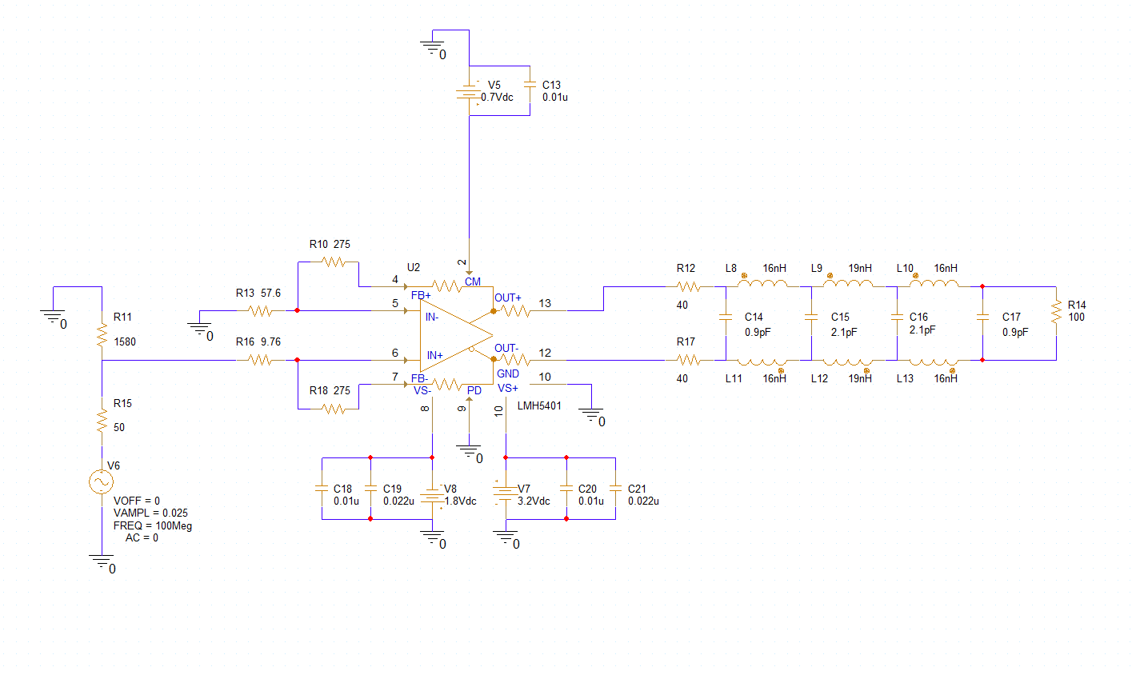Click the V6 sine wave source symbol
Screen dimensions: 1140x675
(x=102, y=481)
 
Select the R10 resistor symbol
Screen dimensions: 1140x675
(x=334, y=262)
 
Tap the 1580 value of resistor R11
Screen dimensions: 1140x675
(x=125, y=341)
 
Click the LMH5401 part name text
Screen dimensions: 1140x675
(x=539, y=406)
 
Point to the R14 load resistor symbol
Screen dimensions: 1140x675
(x=1057, y=311)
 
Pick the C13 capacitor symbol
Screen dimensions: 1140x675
(x=530, y=85)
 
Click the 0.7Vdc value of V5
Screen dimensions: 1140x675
(x=498, y=97)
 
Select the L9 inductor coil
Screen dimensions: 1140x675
(x=848, y=282)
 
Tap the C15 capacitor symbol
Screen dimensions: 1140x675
(x=811, y=317)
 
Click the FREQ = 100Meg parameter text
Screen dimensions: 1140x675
(x=153, y=525)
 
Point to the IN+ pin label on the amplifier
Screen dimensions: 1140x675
(x=434, y=355)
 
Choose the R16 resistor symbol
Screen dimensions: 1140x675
(x=261, y=360)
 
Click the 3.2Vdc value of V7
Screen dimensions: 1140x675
(x=534, y=501)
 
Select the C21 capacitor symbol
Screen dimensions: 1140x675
(x=615, y=489)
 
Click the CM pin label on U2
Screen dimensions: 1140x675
(x=472, y=282)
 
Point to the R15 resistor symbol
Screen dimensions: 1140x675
(x=102, y=421)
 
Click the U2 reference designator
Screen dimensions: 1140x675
(x=414, y=268)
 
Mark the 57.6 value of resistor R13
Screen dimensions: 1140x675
(x=270, y=293)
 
